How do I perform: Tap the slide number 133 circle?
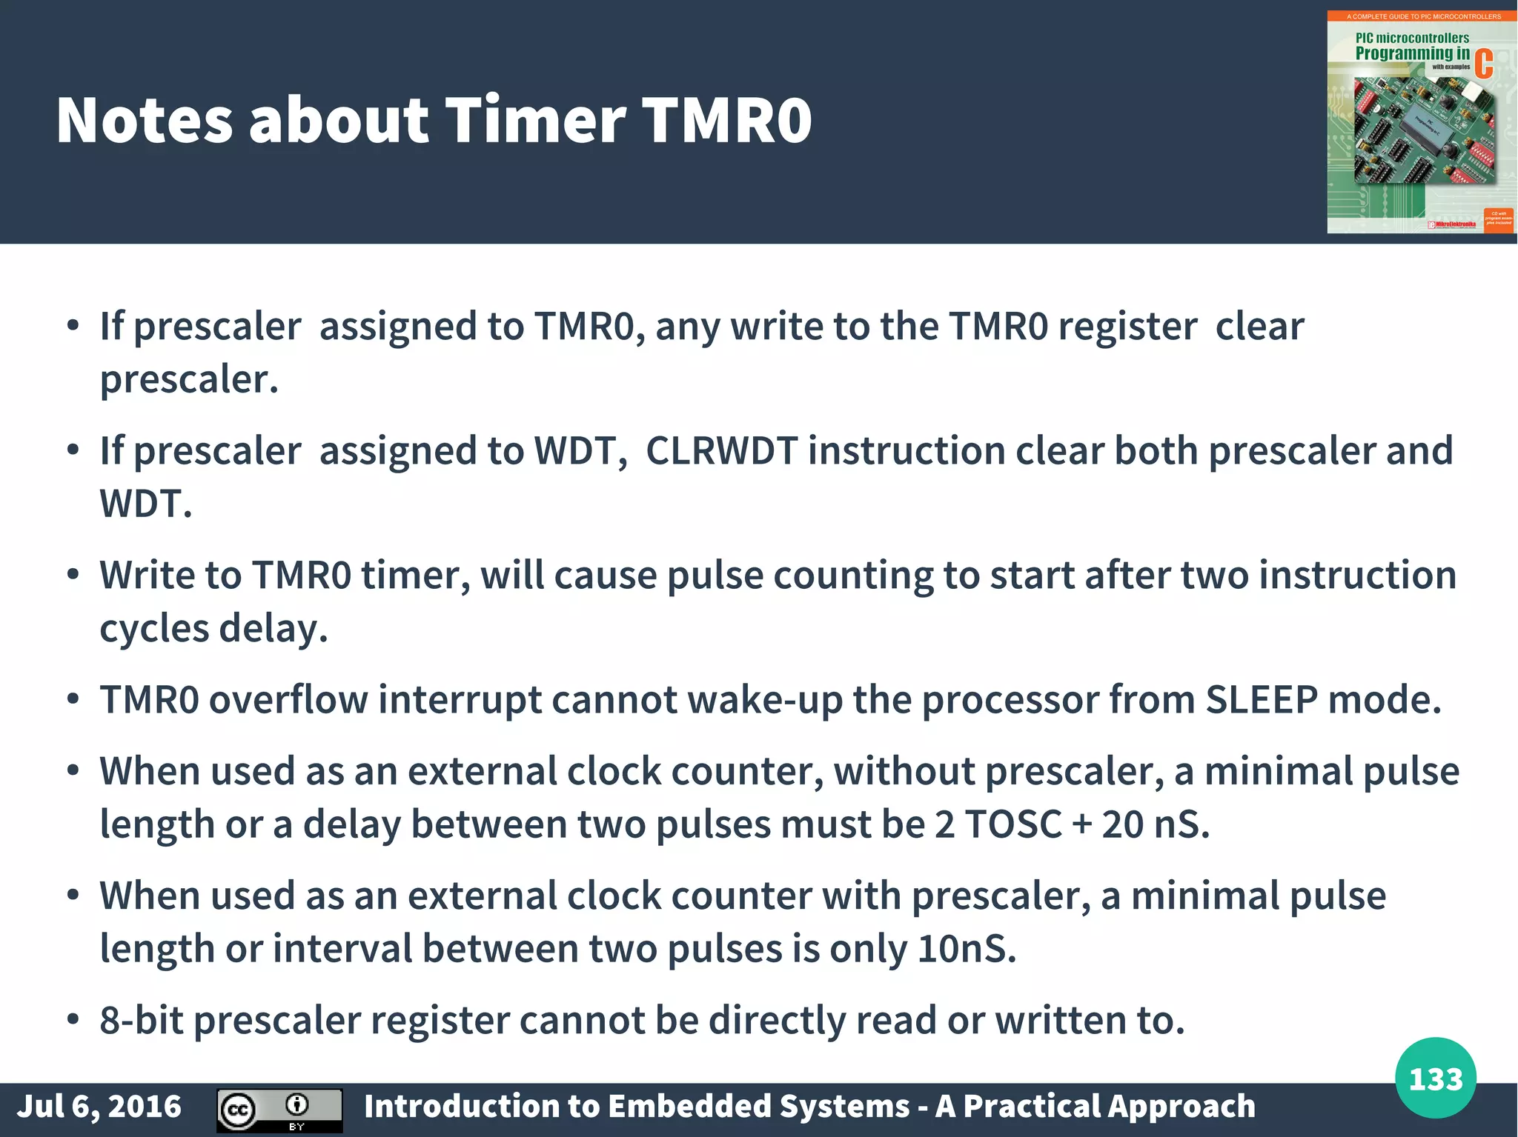click(x=1435, y=1078)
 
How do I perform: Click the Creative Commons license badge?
click(x=279, y=1110)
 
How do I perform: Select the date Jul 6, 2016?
click(x=99, y=1106)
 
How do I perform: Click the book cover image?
click(x=1421, y=122)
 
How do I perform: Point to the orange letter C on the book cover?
click(x=1483, y=64)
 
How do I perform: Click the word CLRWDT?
click(x=721, y=450)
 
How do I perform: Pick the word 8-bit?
click(x=141, y=1020)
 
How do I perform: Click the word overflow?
click(x=288, y=699)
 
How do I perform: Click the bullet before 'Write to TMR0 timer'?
click(x=73, y=575)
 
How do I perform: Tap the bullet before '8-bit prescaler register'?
click(x=73, y=1020)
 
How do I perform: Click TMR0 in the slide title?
click(x=726, y=120)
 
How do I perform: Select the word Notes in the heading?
click(x=145, y=120)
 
